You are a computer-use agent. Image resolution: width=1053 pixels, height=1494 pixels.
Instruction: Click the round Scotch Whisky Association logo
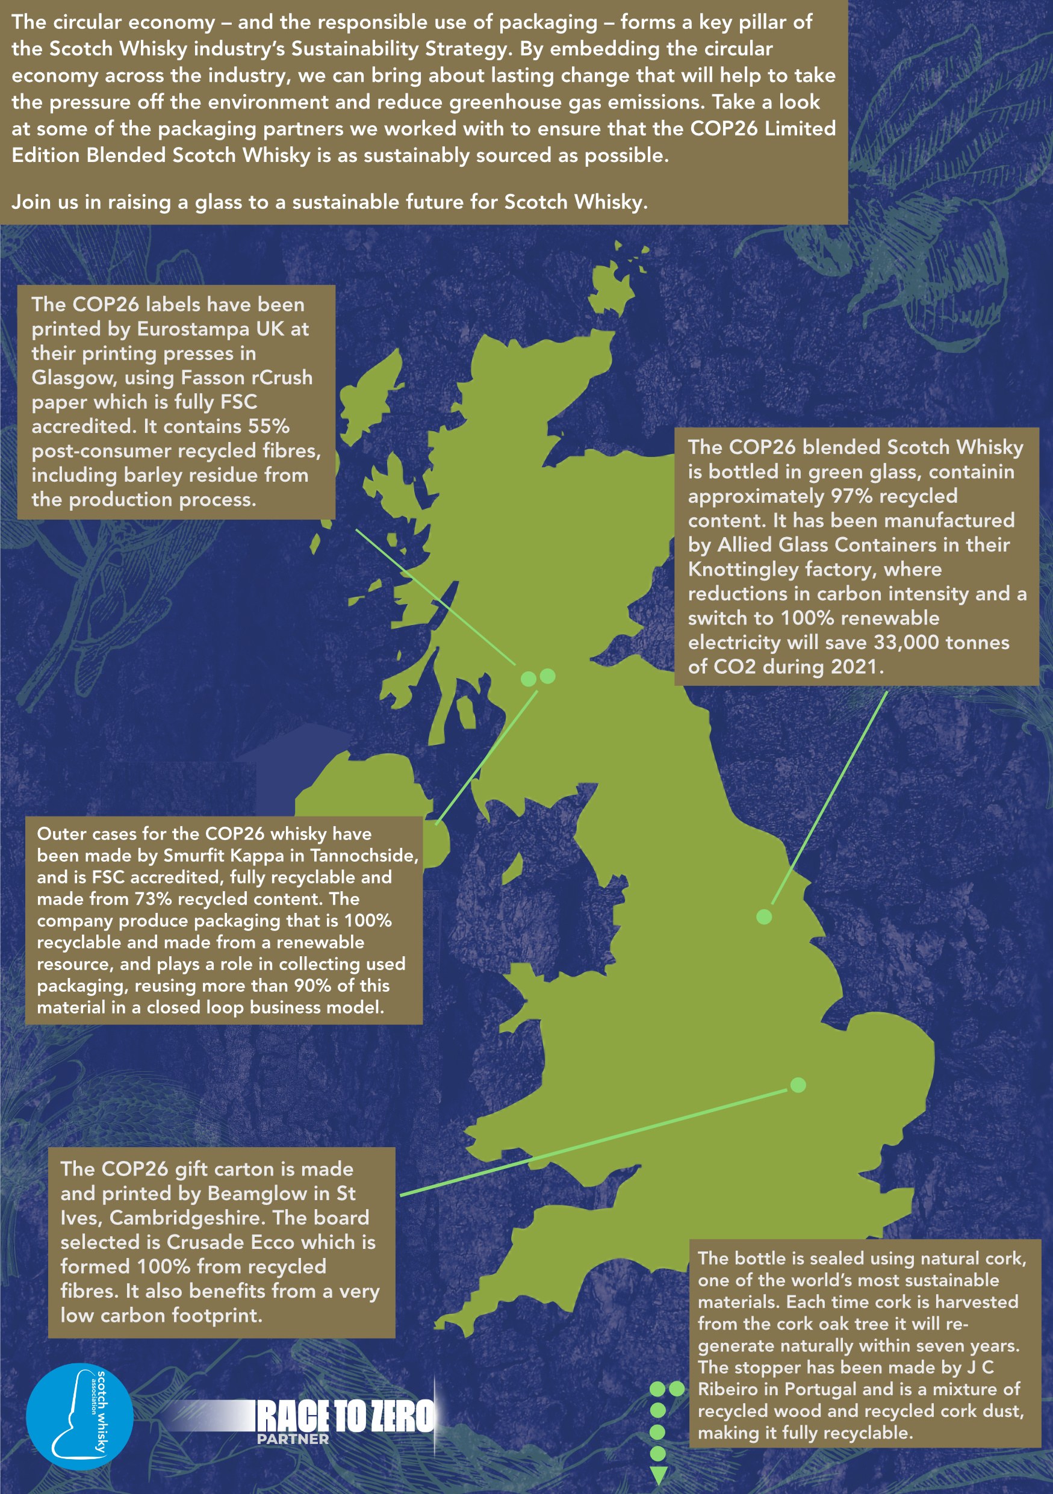79,1416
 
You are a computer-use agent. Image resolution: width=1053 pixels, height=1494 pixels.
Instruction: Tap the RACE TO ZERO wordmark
346,1416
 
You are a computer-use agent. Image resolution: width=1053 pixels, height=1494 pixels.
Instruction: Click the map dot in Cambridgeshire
798,1085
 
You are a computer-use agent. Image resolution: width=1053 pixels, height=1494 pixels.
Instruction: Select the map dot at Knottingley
764,917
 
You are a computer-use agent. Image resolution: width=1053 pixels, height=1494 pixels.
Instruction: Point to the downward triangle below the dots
658,1477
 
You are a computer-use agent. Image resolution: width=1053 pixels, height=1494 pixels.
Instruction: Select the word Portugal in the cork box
820,1389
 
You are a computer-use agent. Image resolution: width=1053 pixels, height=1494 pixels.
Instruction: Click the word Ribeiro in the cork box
728,1389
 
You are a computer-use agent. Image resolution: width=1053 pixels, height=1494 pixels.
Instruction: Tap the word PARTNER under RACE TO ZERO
293,1439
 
